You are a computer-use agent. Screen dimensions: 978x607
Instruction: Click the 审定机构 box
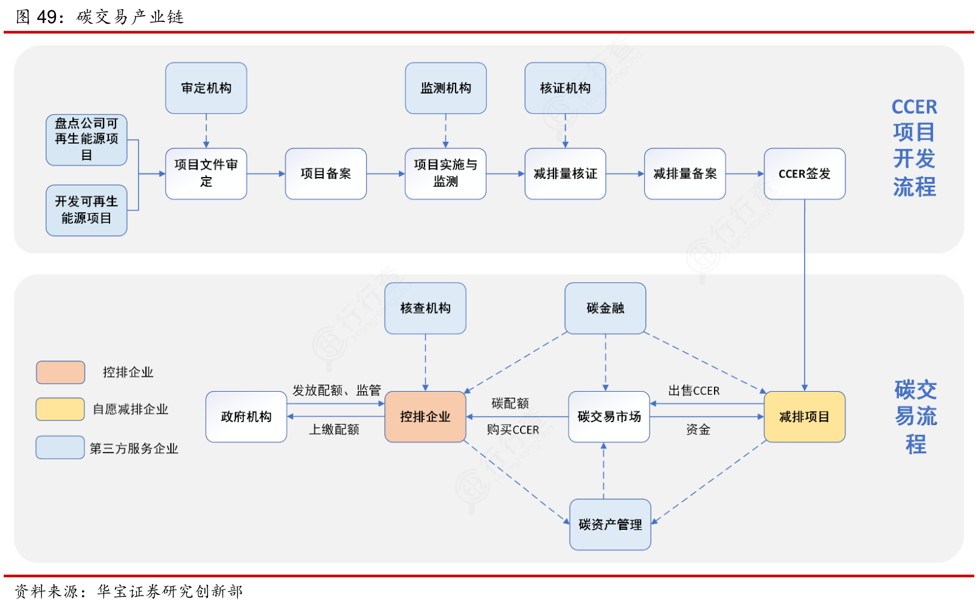tap(206, 88)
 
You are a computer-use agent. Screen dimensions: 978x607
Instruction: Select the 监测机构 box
tap(446, 88)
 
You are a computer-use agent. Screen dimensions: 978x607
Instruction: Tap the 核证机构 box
tap(566, 88)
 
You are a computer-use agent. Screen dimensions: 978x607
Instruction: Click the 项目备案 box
tap(326, 174)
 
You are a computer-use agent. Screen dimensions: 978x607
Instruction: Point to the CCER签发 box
tap(805, 174)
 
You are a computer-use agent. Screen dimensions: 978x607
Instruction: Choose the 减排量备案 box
tap(685, 174)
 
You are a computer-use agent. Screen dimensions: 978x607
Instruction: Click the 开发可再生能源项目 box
tap(86, 210)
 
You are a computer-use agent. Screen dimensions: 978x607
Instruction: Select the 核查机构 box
tap(425, 308)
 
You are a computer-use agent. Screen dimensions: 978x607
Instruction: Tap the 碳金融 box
tap(605, 308)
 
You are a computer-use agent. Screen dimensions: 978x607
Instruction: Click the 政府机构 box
tap(246, 417)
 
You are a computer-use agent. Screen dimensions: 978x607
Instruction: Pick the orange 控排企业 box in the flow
tap(425, 417)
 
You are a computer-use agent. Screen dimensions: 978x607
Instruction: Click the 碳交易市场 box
tap(609, 417)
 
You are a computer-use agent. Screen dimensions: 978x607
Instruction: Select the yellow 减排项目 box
tap(805, 417)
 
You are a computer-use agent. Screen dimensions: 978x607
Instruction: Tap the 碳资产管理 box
tap(611, 524)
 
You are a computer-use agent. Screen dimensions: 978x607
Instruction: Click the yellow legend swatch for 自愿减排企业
tap(60, 409)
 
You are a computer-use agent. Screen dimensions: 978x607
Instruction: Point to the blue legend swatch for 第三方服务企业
tap(60, 447)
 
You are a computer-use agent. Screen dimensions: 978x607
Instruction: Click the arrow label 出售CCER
tap(694, 390)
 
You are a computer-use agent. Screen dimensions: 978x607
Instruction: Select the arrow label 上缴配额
tap(334, 429)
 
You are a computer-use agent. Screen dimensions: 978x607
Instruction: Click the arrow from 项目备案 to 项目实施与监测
tap(386, 174)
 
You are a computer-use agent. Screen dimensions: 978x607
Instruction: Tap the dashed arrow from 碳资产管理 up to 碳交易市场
tap(604, 471)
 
